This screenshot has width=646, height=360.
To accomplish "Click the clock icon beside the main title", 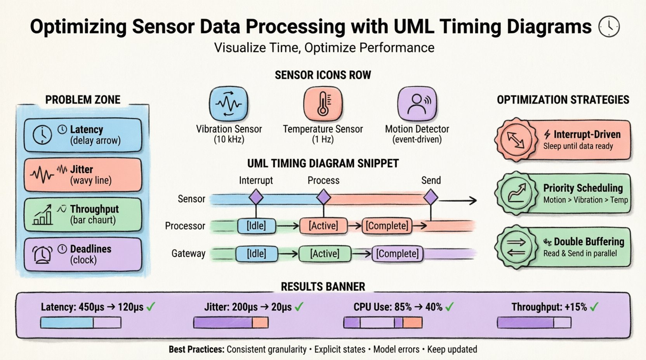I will (x=609, y=26).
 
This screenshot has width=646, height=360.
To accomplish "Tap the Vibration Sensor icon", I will (x=229, y=104).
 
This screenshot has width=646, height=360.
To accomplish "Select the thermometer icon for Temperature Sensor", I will (x=323, y=104).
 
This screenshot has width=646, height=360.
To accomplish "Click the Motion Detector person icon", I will (x=417, y=104).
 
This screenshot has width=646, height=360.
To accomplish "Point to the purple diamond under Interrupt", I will (x=256, y=197).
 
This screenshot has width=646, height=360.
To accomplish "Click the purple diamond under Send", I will (x=431, y=197).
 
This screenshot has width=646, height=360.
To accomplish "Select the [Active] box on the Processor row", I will (x=323, y=226).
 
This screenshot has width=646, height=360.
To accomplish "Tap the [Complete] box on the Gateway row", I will (x=397, y=254).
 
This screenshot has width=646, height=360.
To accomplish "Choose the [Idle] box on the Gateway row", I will (x=256, y=254).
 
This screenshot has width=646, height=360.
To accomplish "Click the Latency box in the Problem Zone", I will (x=83, y=135).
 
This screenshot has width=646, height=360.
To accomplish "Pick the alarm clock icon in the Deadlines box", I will (x=42, y=254).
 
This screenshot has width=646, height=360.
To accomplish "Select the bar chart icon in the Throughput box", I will (x=43, y=215).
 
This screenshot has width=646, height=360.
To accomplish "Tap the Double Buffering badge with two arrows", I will (x=516, y=247).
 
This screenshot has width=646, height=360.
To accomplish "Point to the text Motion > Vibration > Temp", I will (x=585, y=200).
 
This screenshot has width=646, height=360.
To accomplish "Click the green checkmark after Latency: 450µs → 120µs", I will (x=151, y=307).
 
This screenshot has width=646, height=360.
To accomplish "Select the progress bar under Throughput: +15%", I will (x=534, y=322).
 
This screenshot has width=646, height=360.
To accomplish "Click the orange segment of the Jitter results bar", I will (x=260, y=322).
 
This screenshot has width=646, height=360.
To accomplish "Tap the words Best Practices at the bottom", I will (x=196, y=349).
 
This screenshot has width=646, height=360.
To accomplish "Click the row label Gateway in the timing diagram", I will (x=188, y=254).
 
